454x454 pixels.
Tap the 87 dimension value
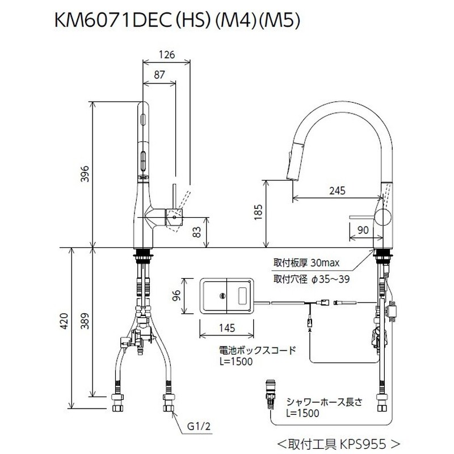coord(159,74)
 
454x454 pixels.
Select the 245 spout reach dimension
coord(337,192)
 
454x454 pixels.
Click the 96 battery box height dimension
coord(176,296)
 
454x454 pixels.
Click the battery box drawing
coord(226,295)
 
